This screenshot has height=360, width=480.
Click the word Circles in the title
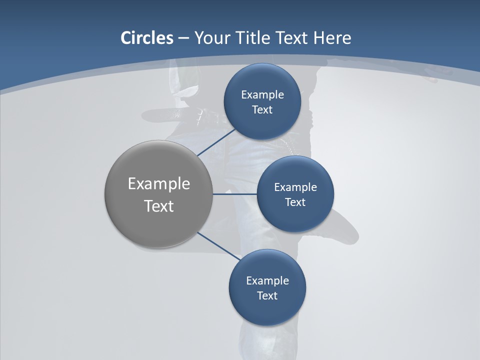click(147, 38)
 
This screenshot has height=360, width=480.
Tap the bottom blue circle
click(267, 310)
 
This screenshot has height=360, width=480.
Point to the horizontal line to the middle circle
click(234, 194)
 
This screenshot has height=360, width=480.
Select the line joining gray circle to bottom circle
click(218, 245)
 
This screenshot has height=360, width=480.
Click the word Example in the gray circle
click(159, 184)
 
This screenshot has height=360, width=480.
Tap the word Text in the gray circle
click(159, 206)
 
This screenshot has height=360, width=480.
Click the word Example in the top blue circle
click(262, 94)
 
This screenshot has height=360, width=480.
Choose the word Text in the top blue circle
click(262, 109)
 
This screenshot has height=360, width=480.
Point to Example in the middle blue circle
click(295, 187)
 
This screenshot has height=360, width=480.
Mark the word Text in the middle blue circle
click(295, 202)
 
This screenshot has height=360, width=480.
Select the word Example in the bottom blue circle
click(267, 280)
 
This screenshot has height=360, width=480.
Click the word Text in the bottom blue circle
click(267, 295)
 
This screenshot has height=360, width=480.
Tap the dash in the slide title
click(183, 38)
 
